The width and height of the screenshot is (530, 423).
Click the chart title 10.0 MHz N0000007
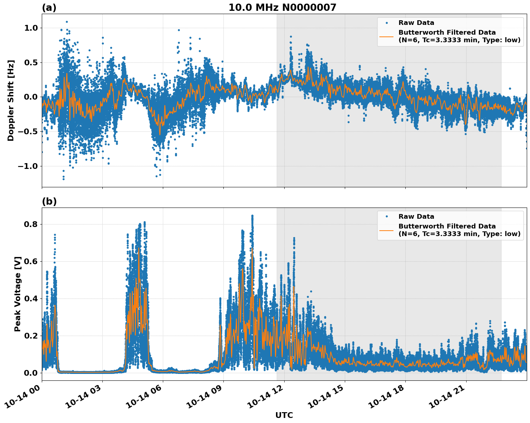coord(282,8)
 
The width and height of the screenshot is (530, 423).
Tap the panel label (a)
coord(49,8)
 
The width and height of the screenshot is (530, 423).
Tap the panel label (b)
coord(49,201)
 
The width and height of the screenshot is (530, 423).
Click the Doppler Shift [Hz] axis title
coord(11,100)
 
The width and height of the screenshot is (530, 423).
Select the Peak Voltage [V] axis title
coord(18,294)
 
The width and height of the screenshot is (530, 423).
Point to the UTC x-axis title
coord(284,415)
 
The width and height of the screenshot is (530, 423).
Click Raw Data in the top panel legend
coord(416,23)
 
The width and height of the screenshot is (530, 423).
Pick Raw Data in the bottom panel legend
coord(416,217)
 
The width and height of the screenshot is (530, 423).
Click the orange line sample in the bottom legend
coord(387,230)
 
